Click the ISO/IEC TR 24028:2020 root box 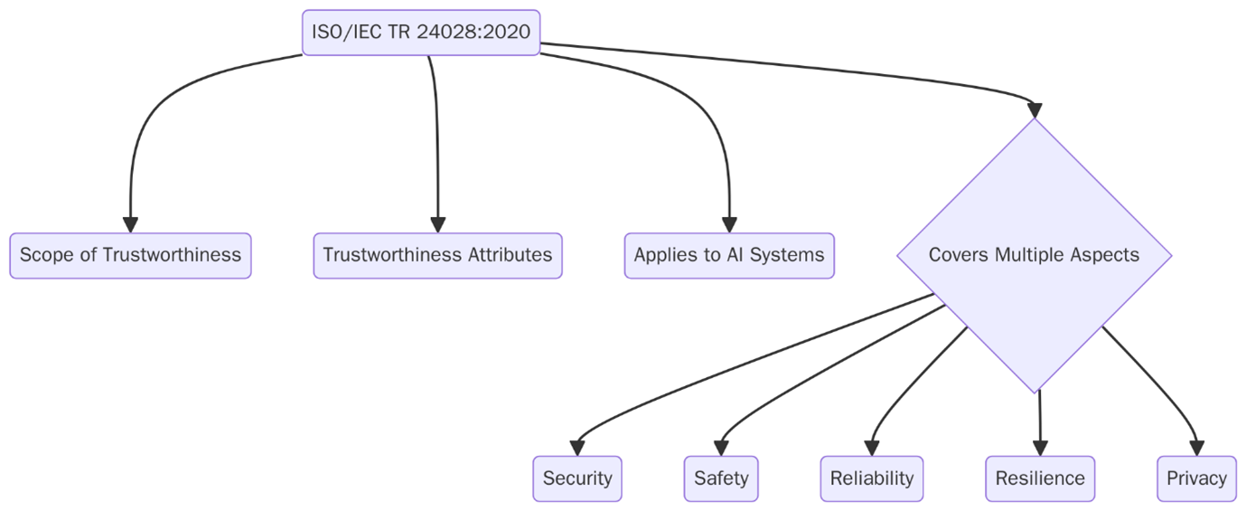coord(420,33)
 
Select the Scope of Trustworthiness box coord(130,255)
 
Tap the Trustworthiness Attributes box coord(437,255)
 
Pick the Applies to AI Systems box coord(729,255)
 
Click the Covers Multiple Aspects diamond coord(1034,255)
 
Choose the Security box coord(577,478)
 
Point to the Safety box coord(721,478)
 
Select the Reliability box coord(872,478)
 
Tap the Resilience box coord(1040,478)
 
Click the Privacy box coord(1196,478)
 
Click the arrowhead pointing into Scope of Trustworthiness coord(130,225)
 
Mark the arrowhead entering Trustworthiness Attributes coord(437,225)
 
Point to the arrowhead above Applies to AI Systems coord(729,225)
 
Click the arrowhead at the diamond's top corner coord(1035,110)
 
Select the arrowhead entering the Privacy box coord(1196,448)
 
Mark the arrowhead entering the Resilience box coord(1040,448)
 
